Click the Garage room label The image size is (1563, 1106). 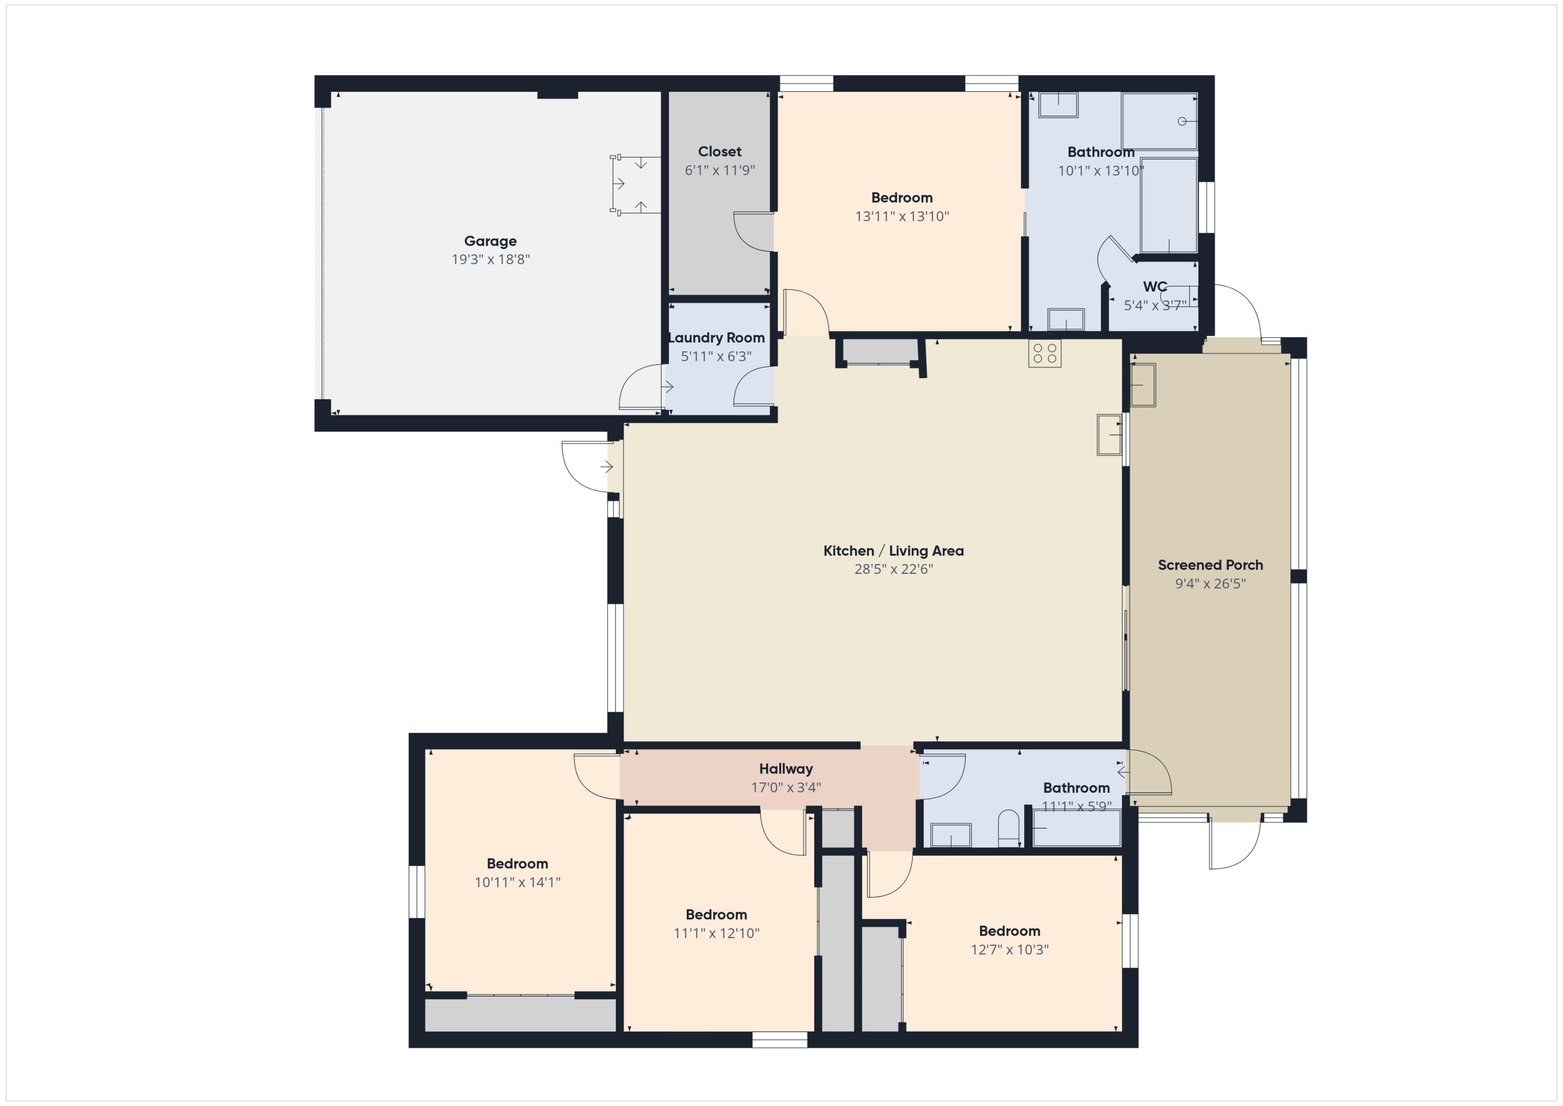pyautogui.click(x=490, y=241)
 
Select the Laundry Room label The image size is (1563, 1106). pyautogui.click(x=716, y=338)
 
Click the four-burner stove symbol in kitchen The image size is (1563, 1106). pyautogui.click(x=1044, y=353)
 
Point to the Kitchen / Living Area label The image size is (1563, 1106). pyautogui.click(x=893, y=551)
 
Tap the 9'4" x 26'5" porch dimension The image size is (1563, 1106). pyautogui.click(x=1210, y=584)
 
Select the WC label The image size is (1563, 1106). pyautogui.click(x=1155, y=287)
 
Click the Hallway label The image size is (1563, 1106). pyautogui.click(x=786, y=769)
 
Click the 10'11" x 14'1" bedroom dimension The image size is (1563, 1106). pyautogui.click(x=517, y=882)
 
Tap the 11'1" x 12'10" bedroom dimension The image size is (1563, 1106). pyautogui.click(x=716, y=933)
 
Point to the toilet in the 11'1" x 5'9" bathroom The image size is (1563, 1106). pyautogui.click(x=1008, y=828)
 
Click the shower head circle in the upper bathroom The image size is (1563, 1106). pyautogui.click(x=1182, y=121)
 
